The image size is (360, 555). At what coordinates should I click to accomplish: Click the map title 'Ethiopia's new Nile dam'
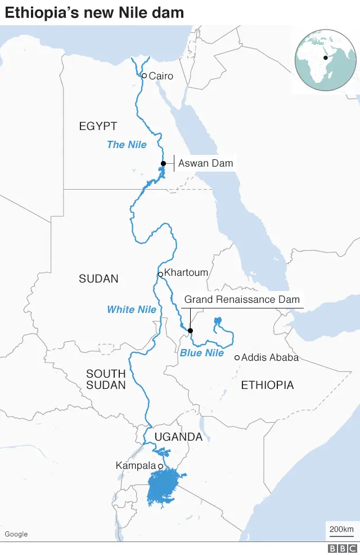pyautogui.click(x=94, y=12)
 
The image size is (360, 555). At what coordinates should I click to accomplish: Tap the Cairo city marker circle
pyautogui.click(x=144, y=75)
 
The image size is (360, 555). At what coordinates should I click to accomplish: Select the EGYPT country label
pyautogui.click(x=98, y=126)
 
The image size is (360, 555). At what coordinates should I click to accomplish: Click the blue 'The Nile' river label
pyautogui.click(x=127, y=145)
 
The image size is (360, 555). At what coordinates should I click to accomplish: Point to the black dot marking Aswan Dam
pyautogui.click(x=163, y=164)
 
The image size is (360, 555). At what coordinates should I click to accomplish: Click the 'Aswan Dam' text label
pyautogui.click(x=205, y=164)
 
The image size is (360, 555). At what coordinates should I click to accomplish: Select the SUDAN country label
pyautogui.click(x=98, y=279)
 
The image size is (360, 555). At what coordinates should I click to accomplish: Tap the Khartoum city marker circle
pyautogui.click(x=160, y=274)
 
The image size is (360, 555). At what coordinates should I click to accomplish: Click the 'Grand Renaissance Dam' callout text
pyautogui.click(x=242, y=299)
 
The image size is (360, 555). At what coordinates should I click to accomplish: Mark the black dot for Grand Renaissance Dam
pyautogui.click(x=190, y=330)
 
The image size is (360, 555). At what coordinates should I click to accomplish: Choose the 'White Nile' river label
pyautogui.click(x=132, y=310)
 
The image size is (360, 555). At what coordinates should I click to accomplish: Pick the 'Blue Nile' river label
pyautogui.click(x=202, y=353)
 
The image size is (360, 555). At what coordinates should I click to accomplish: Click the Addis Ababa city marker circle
pyautogui.click(x=237, y=357)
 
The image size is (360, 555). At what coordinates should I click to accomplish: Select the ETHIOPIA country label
pyautogui.click(x=267, y=385)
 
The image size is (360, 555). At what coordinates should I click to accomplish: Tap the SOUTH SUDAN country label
pyautogui.click(x=106, y=379)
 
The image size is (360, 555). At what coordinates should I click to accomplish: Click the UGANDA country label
pyautogui.click(x=178, y=437)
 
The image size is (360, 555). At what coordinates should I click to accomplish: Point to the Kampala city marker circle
pyautogui.click(x=160, y=466)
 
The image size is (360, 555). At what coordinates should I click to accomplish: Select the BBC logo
pyautogui.click(x=343, y=548)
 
